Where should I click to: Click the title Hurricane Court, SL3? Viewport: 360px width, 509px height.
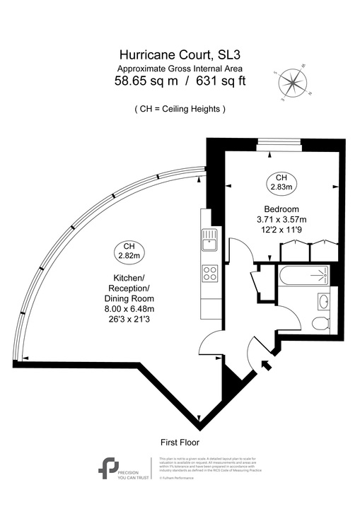point(180,54)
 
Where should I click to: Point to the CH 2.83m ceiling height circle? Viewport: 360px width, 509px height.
point(281,182)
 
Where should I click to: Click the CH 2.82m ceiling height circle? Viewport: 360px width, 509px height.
point(129,249)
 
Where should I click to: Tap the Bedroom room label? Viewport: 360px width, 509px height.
point(282,209)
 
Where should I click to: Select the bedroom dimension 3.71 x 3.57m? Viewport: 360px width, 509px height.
point(282,220)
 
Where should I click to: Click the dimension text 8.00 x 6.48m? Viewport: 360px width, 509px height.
point(129,308)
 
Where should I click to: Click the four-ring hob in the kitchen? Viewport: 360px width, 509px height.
point(210,272)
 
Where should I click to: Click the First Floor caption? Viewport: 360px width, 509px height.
point(180,442)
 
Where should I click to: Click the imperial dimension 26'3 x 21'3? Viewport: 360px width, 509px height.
point(129,320)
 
